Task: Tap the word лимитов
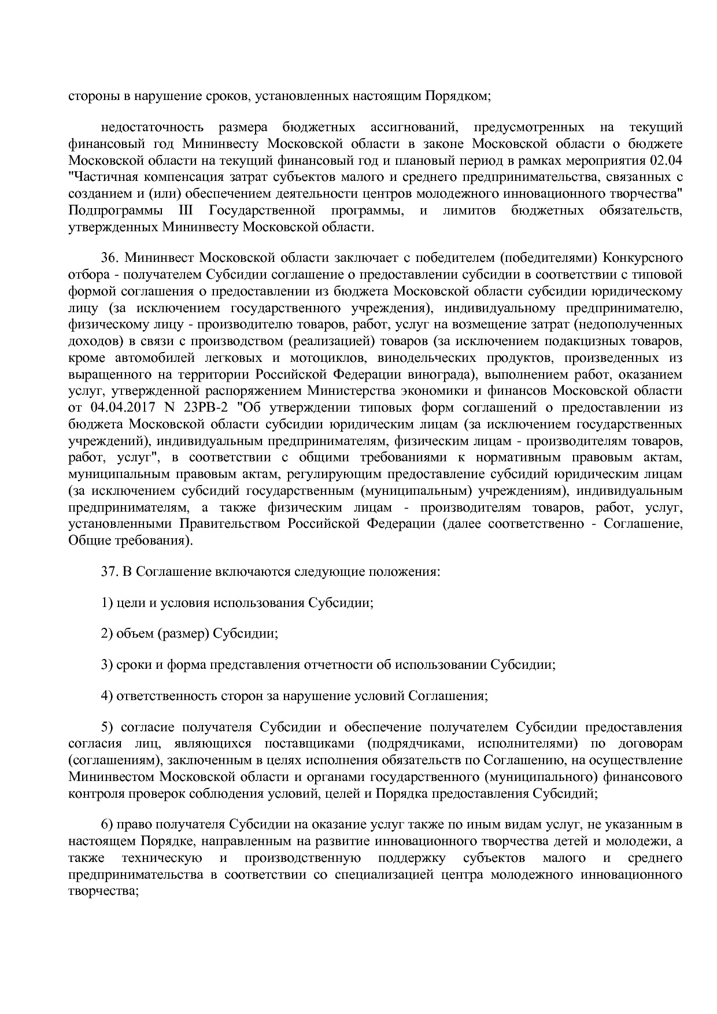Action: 469,211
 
